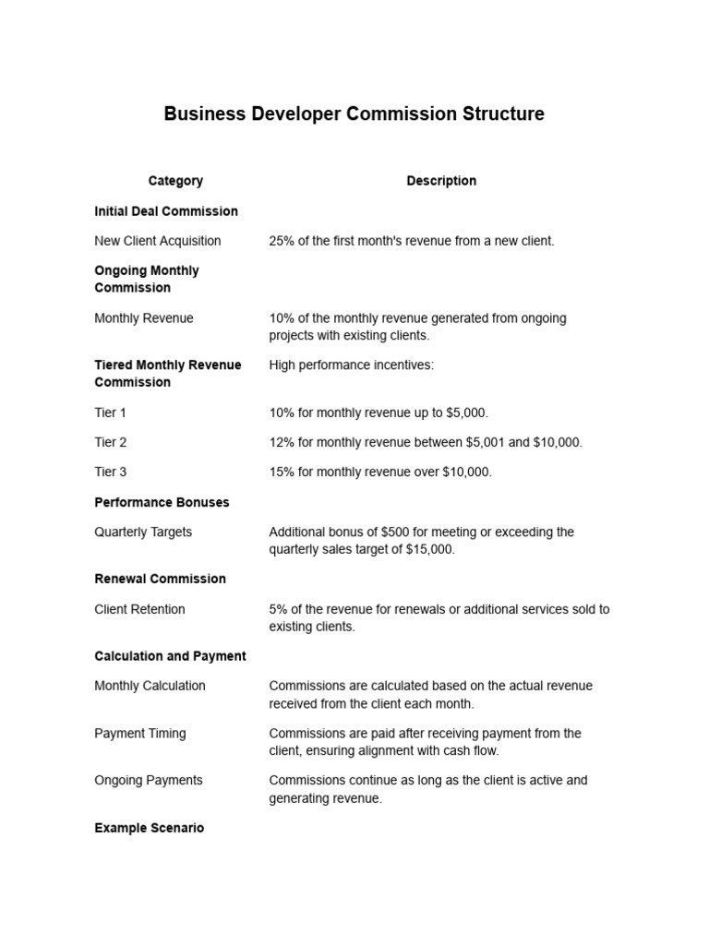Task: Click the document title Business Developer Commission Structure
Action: pyautogui.click(x=354, y=114)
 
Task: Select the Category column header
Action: pyautogui.click(x=175, y=181)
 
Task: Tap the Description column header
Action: pyautogui.click(x=441, y=181)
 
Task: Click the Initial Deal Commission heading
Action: pyautogui.click(x=166, y=211)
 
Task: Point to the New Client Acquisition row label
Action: pyautogui.click(x=158, y=241)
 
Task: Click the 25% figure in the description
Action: pyautogui.click(x=282, y=241)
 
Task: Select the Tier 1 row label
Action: pyautogui.click(x=111, y=413)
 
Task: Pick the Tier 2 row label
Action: pyautogui.click(x=111, y=442)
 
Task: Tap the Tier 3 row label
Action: pyautogui.click(x=111, y=472)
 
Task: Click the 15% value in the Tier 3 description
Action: pyautogui.click(x=282, y=472)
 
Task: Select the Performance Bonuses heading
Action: pyautogui.click(x=162, y=502)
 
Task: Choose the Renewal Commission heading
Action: pyautogui.click(x=160, y=579)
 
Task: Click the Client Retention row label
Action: pyautogui.click(x=139, y=609)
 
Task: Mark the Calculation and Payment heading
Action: pyautogui.click(x=170, y=656)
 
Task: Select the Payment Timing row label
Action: pyautogui.click(x=140, y=734)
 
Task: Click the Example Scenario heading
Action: pyautogui.click(x=150, y=828)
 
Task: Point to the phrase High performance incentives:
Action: pyautogui.click(x=351, y=365)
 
